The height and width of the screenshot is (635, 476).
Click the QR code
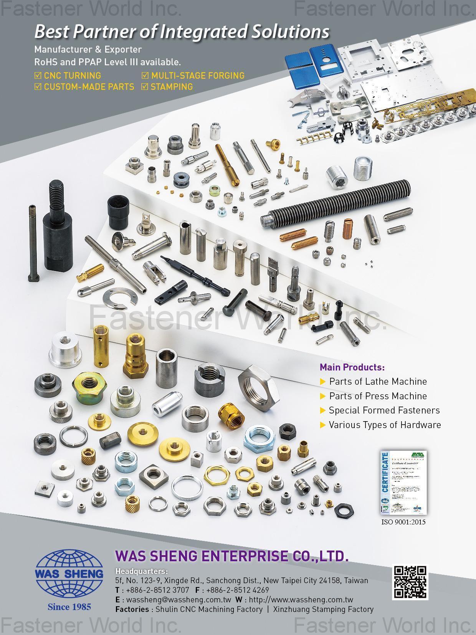(410, 582)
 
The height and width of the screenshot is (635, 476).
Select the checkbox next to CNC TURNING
(38, 76)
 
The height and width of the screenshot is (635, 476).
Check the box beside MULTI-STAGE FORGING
(145, 76)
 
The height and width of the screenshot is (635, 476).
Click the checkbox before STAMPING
(145, 87)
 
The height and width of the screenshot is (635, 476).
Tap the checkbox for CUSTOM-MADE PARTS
(38, 87)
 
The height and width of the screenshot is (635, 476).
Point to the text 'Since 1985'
(69, 607)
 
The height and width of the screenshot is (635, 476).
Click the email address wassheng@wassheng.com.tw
(178, 600)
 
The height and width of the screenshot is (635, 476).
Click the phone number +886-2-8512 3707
(157, 590)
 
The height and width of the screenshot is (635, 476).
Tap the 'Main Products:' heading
(352, 367)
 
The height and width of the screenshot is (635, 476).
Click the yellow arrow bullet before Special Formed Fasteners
(323, 410)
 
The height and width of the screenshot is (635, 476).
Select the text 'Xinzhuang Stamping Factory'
(323, 609)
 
